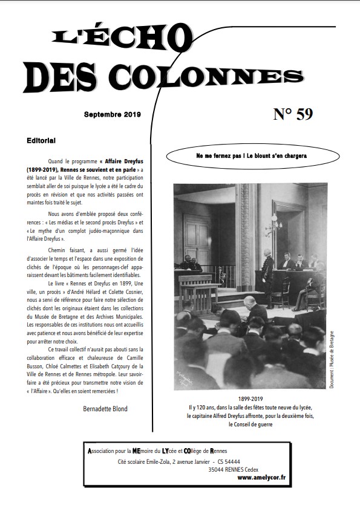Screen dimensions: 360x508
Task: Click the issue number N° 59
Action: pyautogui.click(x=293, y=114)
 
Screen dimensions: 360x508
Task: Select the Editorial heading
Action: pyautogui.click(x=41, y=140)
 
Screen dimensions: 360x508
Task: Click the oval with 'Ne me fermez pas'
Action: pyautogui.click(x=251, y=156)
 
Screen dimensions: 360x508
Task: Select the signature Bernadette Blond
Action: pyautogui.click(x=105, y=409)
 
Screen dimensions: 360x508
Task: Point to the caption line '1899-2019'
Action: pyautogui.click(x=250, y=400)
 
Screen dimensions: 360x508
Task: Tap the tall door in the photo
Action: pyautogui.click(x=197, y=238)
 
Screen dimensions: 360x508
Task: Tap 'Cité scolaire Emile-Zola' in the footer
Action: pyautogui.click(x=143, y=461)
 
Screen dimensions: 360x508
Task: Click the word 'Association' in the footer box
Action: pyautogui.click(x=106, y=451)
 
